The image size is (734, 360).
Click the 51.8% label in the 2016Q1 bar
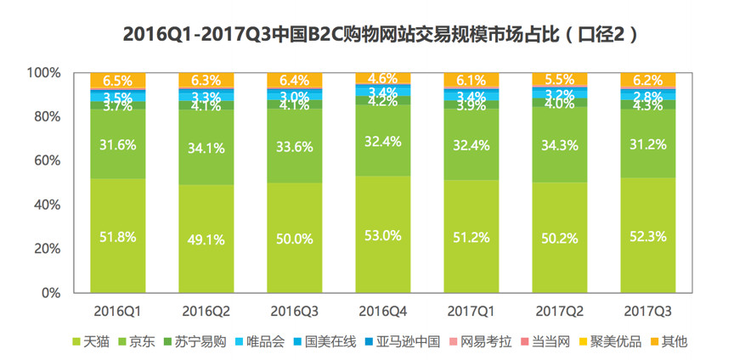pos(116,237)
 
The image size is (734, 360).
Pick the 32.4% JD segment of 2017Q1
pos(470,144)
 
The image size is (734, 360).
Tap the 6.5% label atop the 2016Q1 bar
pos(116,82)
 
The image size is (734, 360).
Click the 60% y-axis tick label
pos(47,160)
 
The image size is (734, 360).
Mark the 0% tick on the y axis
pos(50,293)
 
